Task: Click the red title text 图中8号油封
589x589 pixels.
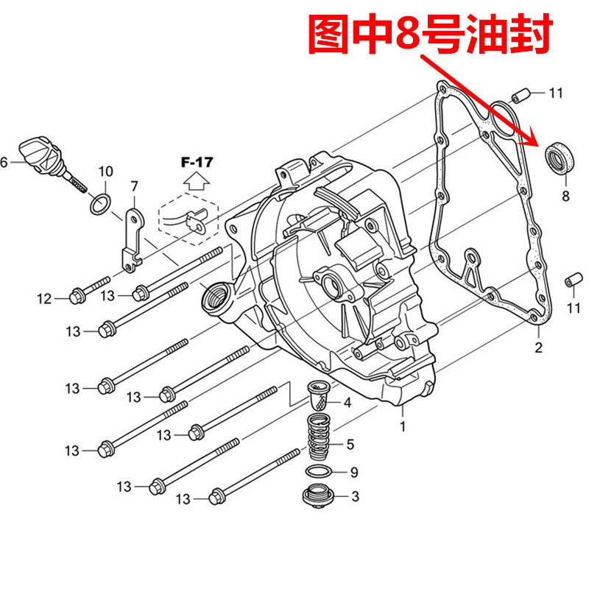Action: click(x=428, y=35)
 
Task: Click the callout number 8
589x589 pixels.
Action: click(x=565, y=196)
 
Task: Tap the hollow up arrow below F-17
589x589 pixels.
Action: click(x=195, y=181)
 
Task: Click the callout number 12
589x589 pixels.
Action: click(x=44, y=298)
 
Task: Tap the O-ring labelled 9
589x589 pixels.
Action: click(x=317, y=471)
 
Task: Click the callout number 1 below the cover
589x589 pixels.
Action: click(x=403, y=426)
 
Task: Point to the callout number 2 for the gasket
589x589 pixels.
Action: click(x=538, y=348)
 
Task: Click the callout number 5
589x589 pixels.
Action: click(x=350, y=444)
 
